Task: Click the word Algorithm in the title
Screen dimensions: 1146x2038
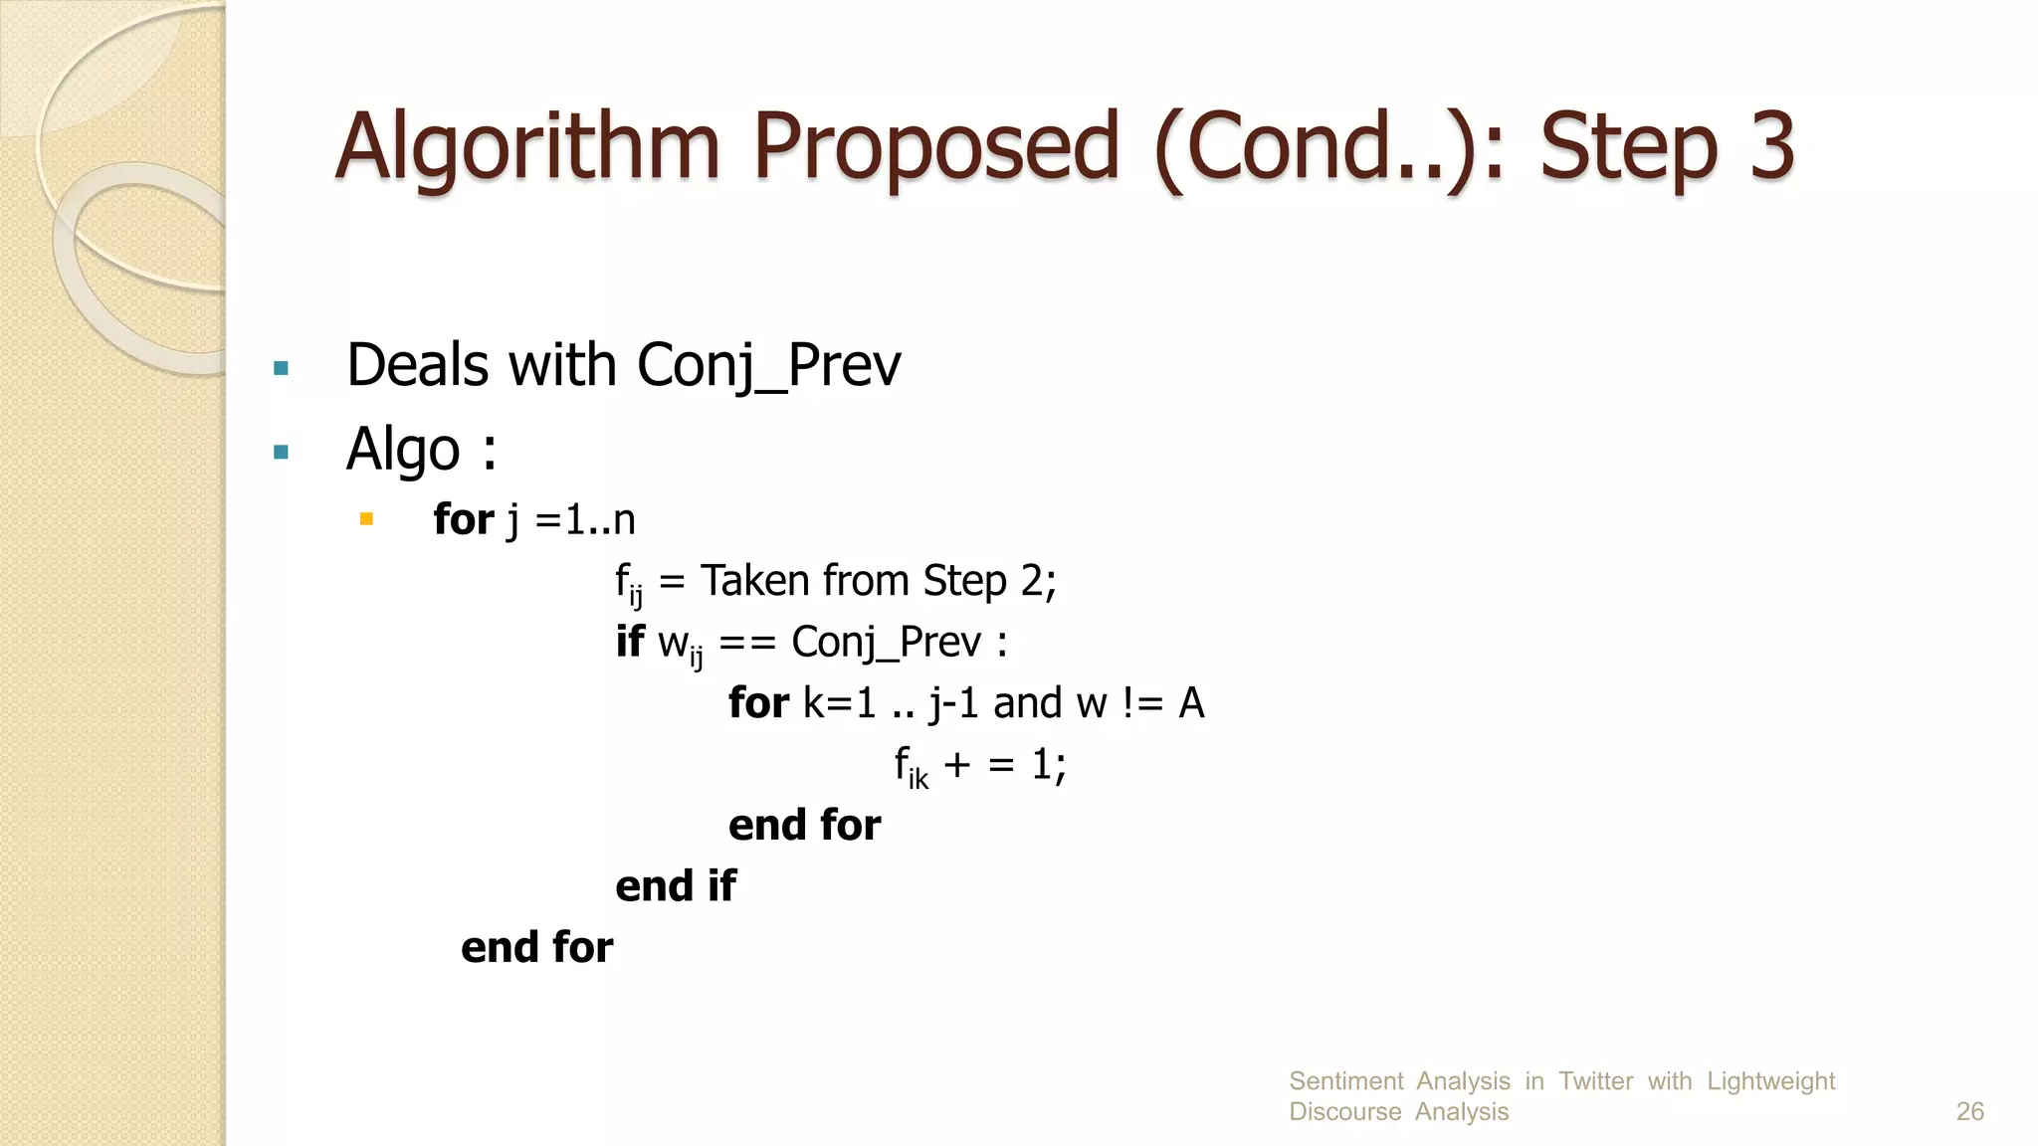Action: [527, 147]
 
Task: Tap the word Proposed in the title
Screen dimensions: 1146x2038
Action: [936, 147]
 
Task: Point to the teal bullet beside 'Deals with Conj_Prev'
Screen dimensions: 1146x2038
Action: [281, 369]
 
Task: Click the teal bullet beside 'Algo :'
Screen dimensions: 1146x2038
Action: [281, 453]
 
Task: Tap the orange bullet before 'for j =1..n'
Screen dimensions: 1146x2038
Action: [366, 518]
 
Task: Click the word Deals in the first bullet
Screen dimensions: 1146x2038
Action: [418, 364]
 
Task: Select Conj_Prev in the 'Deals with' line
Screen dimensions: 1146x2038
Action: [768, 366]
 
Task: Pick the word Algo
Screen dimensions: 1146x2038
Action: [402, 450]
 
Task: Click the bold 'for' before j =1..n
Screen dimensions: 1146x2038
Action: [464, 519]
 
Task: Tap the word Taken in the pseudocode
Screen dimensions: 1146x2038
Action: [755, 581]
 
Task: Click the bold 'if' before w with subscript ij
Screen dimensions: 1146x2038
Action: [630, 642]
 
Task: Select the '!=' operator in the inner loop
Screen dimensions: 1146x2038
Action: [1142, 703]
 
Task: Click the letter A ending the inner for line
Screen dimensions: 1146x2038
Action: [1191, 703]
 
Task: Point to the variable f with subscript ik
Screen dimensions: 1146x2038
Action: [911, 767]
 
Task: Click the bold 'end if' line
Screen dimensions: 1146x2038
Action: [676, 886]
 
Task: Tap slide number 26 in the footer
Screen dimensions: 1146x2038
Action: [1969, 1111]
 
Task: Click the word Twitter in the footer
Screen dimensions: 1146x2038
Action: [1595, 1081]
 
